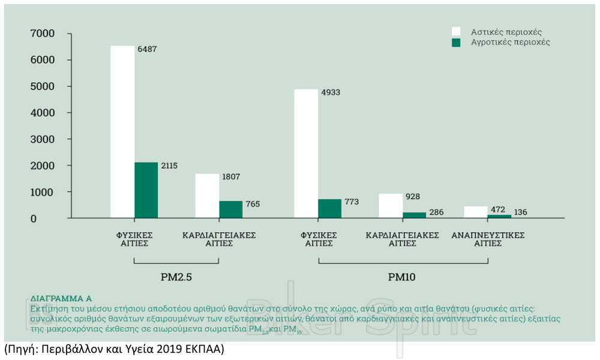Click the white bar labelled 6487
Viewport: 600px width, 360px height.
pyautogui.click(x=122, y=132)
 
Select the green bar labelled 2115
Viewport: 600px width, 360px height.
pyautogui.click(x=146, y=190)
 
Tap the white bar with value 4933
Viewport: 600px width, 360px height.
pyautogui.click(x=306, y=154)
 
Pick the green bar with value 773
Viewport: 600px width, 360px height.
pyautogui.click(x=329, y=208)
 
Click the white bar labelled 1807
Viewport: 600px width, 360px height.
pyautogui.click(x=207, y=196)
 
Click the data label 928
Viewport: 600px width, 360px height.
pyautogui.click(x=413, y=196)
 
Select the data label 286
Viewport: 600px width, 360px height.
pyautogui.click(x=436, y=212)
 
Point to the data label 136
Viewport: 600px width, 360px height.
pyautogui.click(x=521, y=212)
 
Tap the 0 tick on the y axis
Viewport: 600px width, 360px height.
pyautogui.click(x=50, y=218)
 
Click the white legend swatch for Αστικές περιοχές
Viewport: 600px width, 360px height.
pyautogui.click(x=456, y=31)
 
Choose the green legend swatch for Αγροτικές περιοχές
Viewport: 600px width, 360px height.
pyautogui.click(x=456, y=43)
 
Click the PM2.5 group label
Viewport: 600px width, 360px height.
pyautogui.click(x=176, y=278)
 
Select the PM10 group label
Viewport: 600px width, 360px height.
pyautogui.click(x=402, y=278)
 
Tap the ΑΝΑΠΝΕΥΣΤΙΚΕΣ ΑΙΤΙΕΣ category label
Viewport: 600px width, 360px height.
pyautogui.click(x=488, y=239)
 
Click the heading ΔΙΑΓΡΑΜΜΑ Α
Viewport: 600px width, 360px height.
pyautogui.click(x=61, y=298)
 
